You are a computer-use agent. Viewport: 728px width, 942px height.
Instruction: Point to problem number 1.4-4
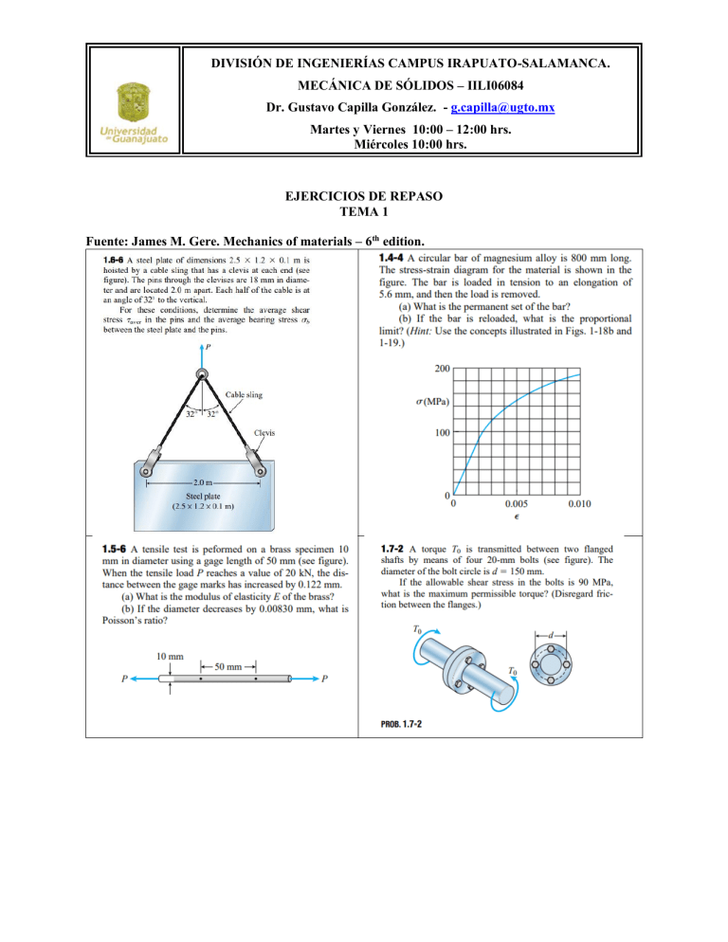coord(395,257)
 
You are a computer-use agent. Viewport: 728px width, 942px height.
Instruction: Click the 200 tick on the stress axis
coord(442,368)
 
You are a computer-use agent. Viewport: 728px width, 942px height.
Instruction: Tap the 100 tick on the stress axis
coord(442,434)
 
